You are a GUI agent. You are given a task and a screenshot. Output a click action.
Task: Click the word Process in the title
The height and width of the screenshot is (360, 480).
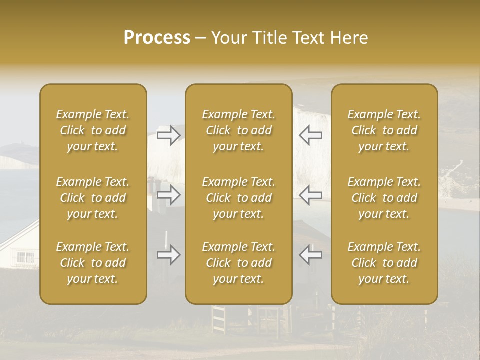click(x=157, y=38)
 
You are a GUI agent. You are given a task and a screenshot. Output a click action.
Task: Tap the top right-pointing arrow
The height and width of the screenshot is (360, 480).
click(x=169, y=135)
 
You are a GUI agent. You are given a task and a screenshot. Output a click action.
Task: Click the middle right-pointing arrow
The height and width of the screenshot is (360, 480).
click(x=169, y=195)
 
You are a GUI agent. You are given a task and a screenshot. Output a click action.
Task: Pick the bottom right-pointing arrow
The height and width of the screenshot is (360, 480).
click(x=169, y=255)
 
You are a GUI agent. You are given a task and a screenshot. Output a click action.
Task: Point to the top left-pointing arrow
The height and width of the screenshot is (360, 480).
click(x=310, y=135)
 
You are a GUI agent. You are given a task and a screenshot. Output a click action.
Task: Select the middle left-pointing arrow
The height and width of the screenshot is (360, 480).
click(x=310, y=195)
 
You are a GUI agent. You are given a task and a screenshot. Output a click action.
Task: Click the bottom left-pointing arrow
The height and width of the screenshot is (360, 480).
click(x=310, y=255)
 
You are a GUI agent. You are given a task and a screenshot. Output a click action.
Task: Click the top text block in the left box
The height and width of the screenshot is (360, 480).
click(x=93, y=130)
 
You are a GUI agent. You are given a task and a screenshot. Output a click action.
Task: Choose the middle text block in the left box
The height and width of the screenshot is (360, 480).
click(x=93, y=198)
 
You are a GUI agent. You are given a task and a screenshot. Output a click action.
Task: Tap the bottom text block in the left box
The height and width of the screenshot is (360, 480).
click(x=93, y=263)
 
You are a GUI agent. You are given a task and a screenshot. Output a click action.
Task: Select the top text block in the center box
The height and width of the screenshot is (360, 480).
click(x=239, y=130)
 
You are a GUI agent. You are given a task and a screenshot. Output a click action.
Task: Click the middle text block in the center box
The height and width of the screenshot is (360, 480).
click(x=239, y=198)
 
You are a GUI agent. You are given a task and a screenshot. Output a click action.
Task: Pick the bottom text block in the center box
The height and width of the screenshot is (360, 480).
click(x=239, y=263)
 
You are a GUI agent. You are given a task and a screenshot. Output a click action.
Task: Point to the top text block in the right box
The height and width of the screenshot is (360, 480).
click(x=384, y=130)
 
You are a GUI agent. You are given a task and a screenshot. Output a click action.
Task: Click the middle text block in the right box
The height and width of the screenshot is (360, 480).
click(x=384, y=198)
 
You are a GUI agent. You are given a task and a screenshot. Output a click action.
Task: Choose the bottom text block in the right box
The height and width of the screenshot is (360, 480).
click(x=384, y=263)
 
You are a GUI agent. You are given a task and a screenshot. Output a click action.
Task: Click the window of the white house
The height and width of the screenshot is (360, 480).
click(x=25, y=257)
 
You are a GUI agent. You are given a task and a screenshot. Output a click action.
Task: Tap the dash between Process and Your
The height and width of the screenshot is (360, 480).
click(x=201, y=38)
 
